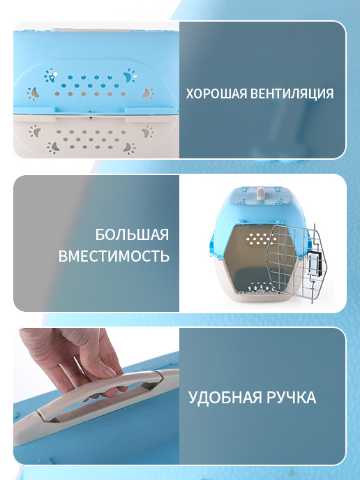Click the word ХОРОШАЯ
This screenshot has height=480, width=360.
217,93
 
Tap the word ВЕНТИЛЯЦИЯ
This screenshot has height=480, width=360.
292,93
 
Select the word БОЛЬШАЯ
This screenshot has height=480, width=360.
132,235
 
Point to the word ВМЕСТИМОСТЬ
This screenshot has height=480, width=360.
114,256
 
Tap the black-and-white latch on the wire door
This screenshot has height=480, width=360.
315,262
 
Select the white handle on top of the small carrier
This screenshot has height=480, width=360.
260,193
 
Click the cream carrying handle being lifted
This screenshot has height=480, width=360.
92,398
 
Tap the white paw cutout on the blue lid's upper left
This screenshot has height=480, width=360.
50,75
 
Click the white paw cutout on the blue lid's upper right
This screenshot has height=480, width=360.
130,75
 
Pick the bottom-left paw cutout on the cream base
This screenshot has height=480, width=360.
53,148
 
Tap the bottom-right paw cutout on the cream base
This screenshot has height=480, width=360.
130,148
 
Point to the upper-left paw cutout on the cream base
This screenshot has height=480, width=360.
35,131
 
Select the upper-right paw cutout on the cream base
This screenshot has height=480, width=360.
148,131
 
